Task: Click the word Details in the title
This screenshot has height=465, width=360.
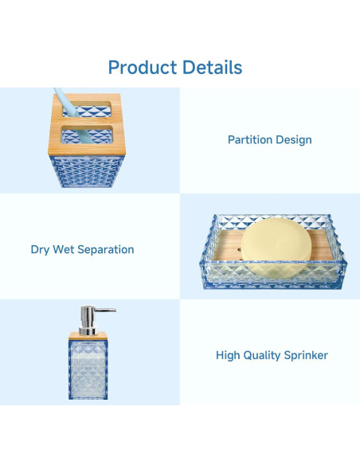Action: tap(213, 67)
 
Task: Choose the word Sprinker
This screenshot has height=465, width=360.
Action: tap(307, 356)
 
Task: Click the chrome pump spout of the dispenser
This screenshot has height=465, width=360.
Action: tap(104, 310)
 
